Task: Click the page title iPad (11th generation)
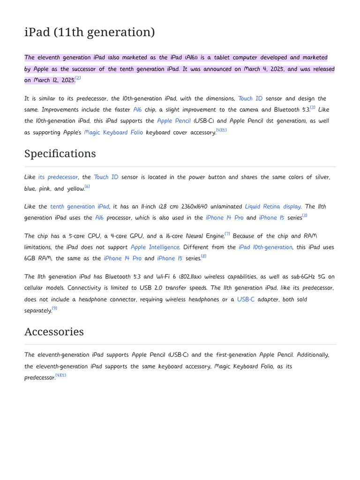click(90, 32)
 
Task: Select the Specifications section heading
click(60, 154)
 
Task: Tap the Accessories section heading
click(54, 332)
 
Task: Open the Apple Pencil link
click(173, 121)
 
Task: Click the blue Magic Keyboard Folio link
click(113, 133)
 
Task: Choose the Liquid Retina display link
click(273, 207)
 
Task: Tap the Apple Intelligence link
click(155, 247)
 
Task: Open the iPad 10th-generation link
click(265, 247)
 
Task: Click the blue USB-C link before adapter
click(246, 300)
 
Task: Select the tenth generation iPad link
click(80, 207)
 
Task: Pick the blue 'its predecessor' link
click(58, 177)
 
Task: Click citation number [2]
click(78, 78)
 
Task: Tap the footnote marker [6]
click(87, 187)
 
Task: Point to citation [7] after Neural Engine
click(227, 233)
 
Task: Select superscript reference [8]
click(203, 256)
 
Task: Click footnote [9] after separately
click(54, 308)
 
